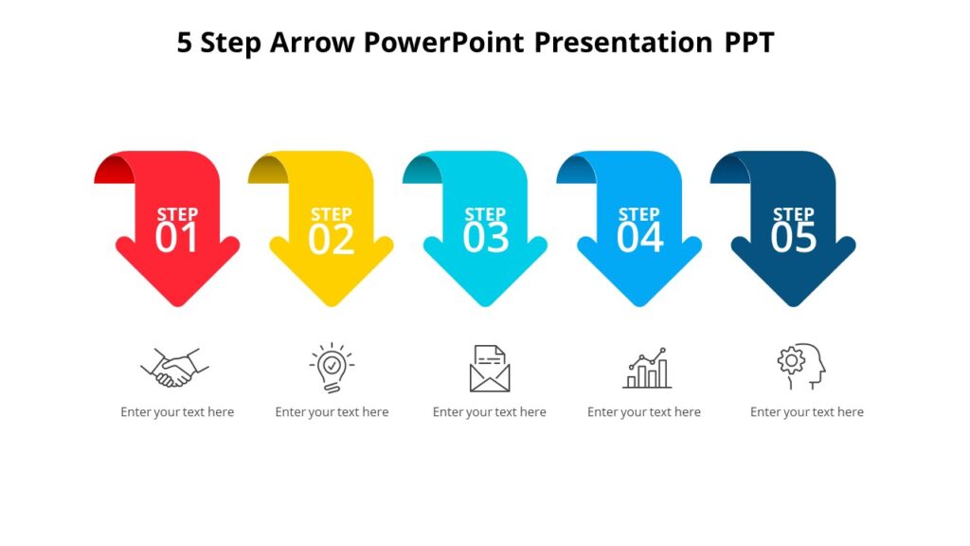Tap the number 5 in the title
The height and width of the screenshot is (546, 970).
185,43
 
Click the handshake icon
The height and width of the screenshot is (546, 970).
174,367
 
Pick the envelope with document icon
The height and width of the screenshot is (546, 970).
489,369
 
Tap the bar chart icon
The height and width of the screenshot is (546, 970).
646,369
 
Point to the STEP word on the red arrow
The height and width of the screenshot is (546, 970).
177,214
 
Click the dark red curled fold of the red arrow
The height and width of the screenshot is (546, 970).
112,172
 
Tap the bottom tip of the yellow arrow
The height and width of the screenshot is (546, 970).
331,302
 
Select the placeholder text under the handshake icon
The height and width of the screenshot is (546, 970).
177,412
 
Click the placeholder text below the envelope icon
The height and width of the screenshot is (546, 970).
489,412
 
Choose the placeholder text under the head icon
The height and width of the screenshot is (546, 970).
806,412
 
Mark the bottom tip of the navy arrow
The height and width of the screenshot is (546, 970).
793,302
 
